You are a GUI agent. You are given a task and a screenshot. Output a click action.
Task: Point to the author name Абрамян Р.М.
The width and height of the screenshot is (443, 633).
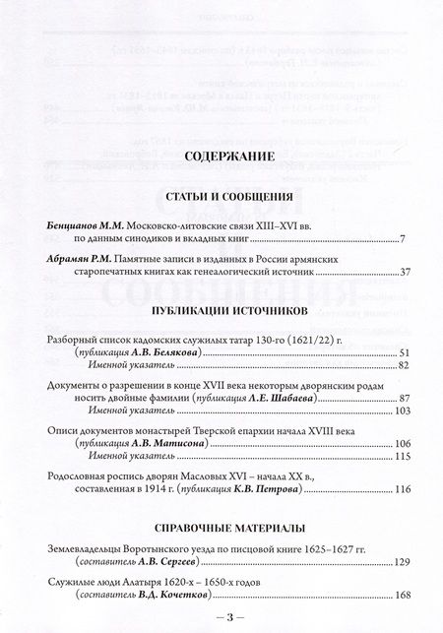(77, 285)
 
